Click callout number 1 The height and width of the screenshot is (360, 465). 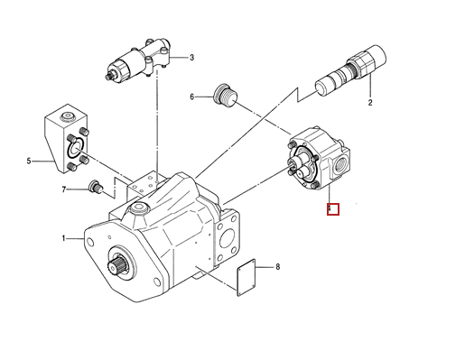[64, 238]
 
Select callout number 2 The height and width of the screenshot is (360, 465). [370, 104]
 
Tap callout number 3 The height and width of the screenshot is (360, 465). [191, 60]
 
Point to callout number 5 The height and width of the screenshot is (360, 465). [29, 162]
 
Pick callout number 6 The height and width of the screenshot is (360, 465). [192, 97]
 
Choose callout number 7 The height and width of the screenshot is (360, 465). [64, 189]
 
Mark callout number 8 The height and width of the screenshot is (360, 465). [278, 267]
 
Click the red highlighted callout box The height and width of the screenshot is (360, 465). [331, 210]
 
